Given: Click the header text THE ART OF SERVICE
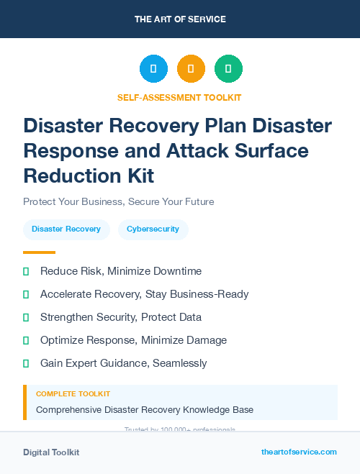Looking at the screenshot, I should tap(180, 19).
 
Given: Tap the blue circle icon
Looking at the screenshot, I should tap(153, 69).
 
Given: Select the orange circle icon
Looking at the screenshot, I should tap(191, 69).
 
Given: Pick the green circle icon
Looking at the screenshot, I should tap(228, 69).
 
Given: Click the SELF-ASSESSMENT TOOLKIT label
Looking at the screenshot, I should tap(179, 97).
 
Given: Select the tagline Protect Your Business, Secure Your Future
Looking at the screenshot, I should tap(118, 201).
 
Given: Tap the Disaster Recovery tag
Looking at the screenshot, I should tap(66, 229).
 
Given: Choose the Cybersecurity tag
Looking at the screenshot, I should tap(153, 229).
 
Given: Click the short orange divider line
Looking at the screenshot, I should tap(39, 252).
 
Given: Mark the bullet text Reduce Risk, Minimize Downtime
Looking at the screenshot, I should tap(121, 271).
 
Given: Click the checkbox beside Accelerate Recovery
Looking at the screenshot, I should tap(26, 294).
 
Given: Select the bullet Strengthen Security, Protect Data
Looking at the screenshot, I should tap(121, 317).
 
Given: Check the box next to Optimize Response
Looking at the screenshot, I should tap(26, 340).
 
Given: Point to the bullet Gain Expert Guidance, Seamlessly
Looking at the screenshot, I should tap(124, 363).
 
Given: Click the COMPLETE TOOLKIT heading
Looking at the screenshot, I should tap(73, 394).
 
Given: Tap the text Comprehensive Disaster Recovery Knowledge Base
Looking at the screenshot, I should tap(145, 410).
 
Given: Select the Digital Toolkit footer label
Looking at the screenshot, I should tap(51, 452).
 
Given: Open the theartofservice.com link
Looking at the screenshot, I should tap(299, 452).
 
